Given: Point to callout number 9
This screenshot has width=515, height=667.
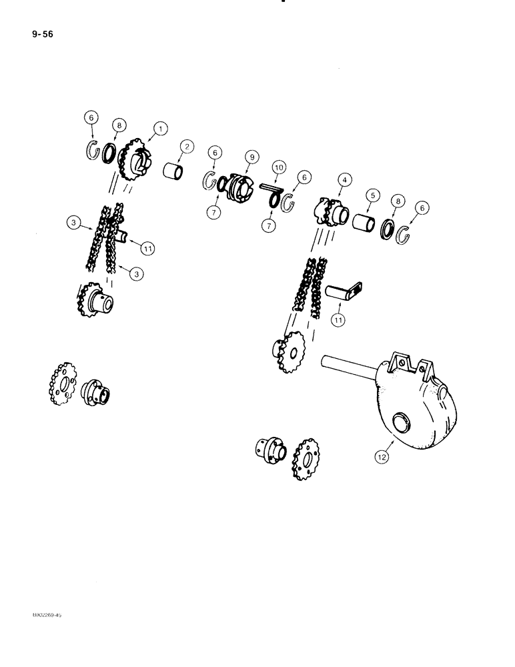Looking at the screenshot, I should [251, 157].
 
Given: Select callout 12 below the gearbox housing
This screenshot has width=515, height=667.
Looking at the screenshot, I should [381, 456].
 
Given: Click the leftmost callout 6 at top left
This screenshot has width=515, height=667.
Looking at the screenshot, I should [92, 118].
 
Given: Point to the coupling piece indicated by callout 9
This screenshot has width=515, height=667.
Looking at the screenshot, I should [239, 185].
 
